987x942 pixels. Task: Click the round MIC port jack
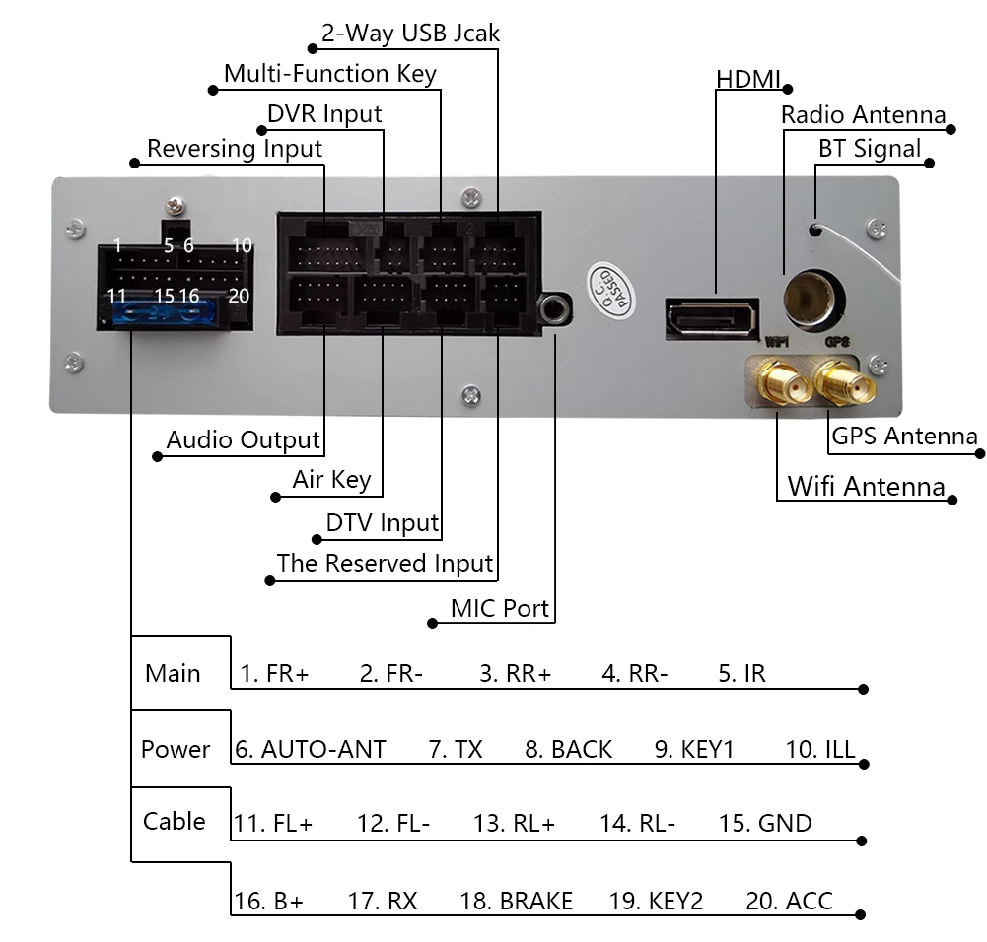tap(555, 310)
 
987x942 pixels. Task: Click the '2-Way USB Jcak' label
tap(410, 33)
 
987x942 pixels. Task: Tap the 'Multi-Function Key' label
tap(329, 73)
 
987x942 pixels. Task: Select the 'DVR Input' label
tap(324, 113)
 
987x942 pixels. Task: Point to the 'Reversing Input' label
tap(235, 149)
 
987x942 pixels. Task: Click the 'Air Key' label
tap(331, 480)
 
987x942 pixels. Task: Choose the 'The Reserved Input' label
tap(385, 563)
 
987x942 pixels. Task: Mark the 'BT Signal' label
tap(870, 149)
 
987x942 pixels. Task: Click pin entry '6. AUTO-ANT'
tap(310, 749)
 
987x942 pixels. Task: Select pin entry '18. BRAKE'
tap(516, 901)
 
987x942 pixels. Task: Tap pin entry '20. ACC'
tap(789, 901)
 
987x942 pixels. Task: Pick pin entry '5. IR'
tap(741, 674)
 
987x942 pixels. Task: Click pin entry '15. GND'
tap(764, 823)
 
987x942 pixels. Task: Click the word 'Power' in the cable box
tap(176, 749)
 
